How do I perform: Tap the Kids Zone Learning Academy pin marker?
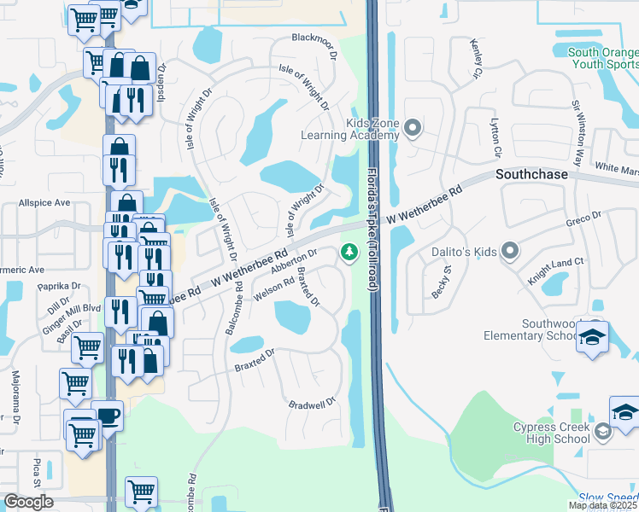[413, 129]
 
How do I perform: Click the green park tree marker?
[349, 252]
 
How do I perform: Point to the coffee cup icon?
[108, 416]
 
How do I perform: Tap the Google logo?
[28, 502]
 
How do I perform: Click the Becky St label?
[441, 282]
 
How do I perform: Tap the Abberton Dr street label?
[294, 261]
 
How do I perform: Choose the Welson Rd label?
[274, 290]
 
